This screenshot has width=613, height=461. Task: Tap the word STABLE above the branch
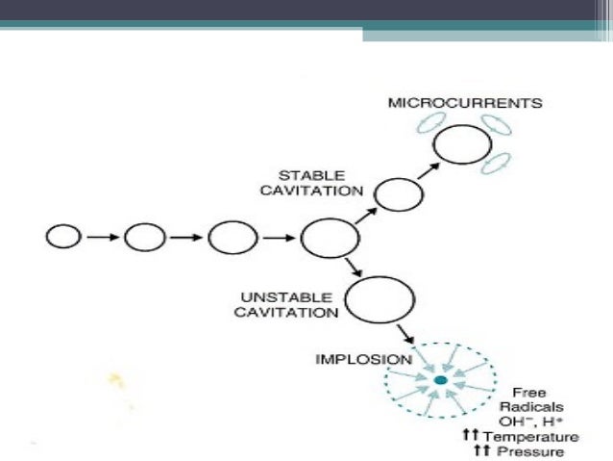(306, 176)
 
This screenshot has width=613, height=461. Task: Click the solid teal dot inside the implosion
(440, 382)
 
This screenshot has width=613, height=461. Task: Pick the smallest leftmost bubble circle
(61, 236)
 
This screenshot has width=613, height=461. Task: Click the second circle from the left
(145, 236)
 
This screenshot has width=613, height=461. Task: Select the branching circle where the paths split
(323, 237)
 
